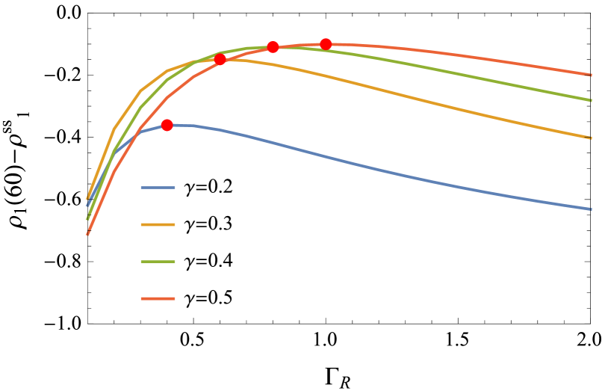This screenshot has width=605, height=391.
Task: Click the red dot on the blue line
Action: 167,125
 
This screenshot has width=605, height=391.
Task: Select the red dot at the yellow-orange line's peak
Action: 220,59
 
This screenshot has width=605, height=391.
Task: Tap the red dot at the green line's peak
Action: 273,47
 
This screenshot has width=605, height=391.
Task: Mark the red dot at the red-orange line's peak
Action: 326,44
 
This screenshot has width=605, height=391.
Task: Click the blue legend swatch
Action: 158,188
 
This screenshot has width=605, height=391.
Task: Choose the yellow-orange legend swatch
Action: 158,224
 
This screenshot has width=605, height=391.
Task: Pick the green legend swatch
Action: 158,262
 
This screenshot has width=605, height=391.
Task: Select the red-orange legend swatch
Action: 158,299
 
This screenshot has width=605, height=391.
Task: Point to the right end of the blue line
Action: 591,209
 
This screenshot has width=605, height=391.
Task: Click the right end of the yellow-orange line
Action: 591,138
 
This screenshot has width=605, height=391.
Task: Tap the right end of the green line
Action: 591,99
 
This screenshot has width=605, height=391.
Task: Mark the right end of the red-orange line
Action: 591,75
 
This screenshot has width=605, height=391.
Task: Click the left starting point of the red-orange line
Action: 87,234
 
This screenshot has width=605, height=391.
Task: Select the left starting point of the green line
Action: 87,218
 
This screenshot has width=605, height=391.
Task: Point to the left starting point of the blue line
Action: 88,204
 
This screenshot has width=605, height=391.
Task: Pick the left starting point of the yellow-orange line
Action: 88,197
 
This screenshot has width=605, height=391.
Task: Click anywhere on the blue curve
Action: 373,168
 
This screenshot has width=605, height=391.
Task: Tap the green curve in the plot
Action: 448,71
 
